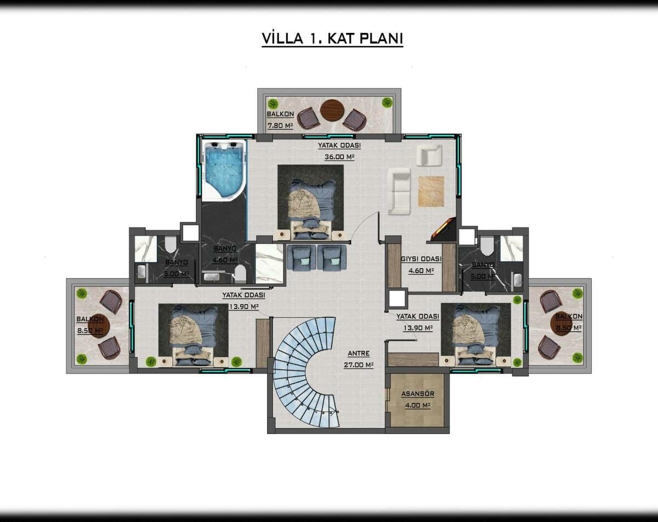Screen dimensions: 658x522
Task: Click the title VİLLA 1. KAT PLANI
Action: (x=332, y=38)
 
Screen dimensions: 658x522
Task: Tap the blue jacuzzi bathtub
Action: (x=224, y=170)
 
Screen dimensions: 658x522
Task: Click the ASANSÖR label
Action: (x=418, y=394)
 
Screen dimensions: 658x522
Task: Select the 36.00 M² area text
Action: (x=339, y=157)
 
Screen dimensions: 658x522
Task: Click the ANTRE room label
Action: (x=359, y=354)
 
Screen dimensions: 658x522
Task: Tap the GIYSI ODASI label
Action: (x=421, y=259)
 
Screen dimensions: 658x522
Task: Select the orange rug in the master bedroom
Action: (x=431, y=191)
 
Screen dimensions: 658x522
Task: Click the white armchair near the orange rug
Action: (x=429, y=155)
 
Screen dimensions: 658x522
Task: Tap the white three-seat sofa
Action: (x=399, y=191)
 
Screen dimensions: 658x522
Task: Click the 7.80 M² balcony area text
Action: (x=280, y=126)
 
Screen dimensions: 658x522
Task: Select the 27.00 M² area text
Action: (x=359, y=365)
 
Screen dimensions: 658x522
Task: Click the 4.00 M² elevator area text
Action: (x=418, y=406)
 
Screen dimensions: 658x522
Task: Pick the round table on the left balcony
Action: (x=99, y=325)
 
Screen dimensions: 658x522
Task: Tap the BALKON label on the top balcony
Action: (x=280, y=114)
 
